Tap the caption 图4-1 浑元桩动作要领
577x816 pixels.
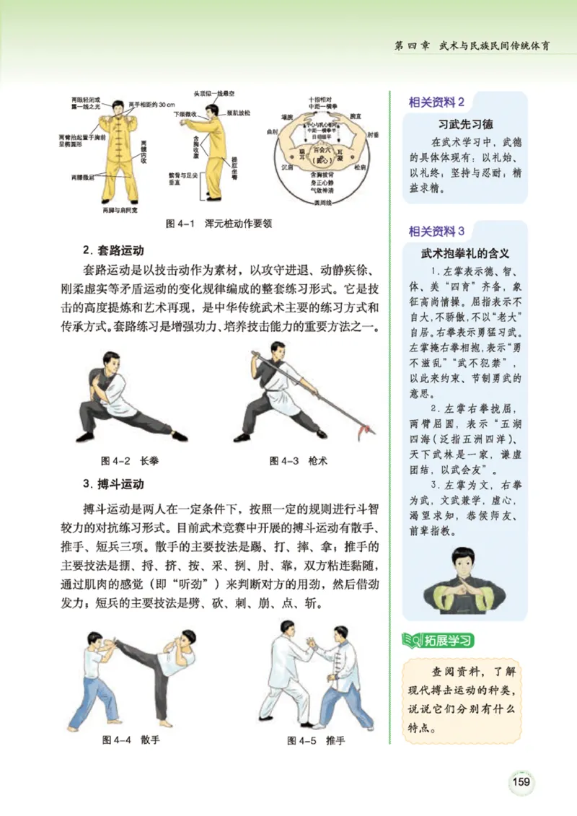pos(219,224)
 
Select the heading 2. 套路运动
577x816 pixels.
pos(114,251)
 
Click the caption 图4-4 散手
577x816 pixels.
pos(131,740)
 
